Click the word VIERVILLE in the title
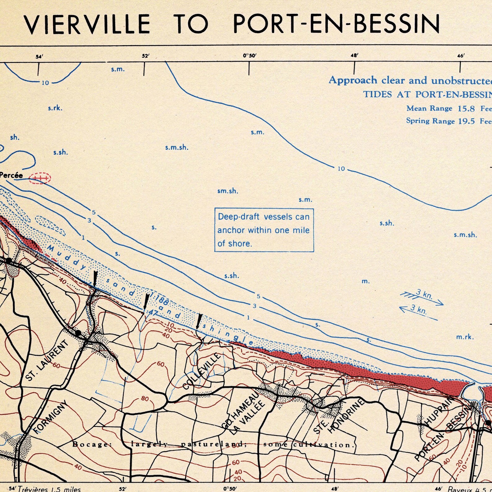click(87, 24)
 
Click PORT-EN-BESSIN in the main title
click(336, 24)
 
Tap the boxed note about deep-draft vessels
click(264, 230)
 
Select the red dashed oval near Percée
click(40, 178)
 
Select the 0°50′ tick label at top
click(249, 56)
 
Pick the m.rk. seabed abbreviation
click(465, 337)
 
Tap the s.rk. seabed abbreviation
click(55, 108)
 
